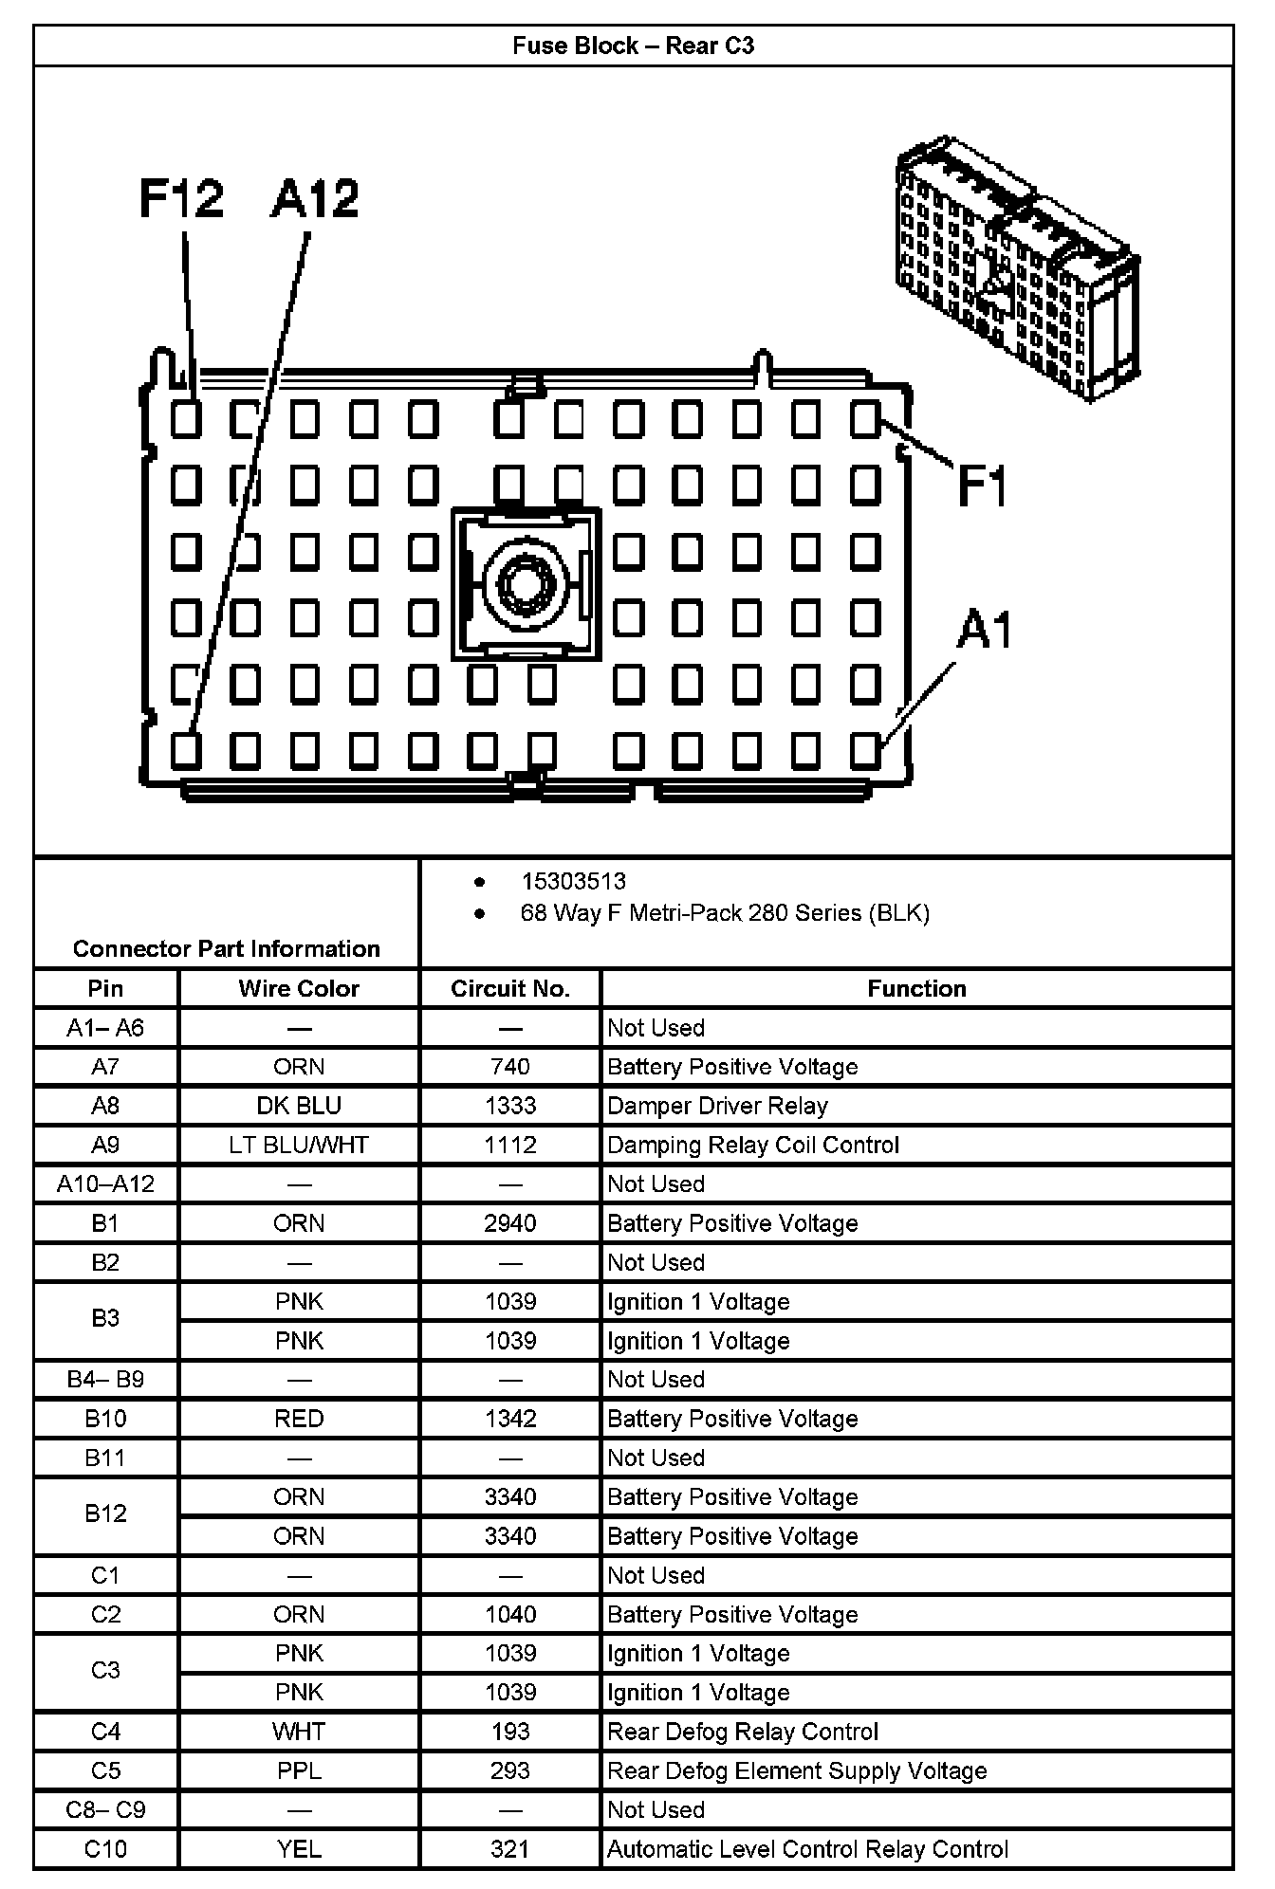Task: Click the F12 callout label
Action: tap(181, 198)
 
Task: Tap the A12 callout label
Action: tap(315, 199)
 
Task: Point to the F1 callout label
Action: tap(982, 485)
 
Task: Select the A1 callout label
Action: tap(984, 630)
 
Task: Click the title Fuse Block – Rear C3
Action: tap(633, 46)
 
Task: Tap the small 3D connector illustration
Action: tap(1018, 268)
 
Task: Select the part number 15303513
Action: tap(573, 881)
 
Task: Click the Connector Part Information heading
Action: tap(226, 948)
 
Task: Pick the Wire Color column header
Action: tap(299, 988)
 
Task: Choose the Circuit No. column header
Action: tap(510, 988)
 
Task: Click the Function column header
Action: tap(916, 988)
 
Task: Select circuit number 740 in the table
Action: tap(510, 1067)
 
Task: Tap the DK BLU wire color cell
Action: tap(299, 1106)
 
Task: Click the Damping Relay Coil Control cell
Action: tap(752, 1145)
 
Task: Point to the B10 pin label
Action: tap(105, 1419)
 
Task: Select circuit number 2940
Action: tap(510, 1223)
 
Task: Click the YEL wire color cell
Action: tap(299, 1849)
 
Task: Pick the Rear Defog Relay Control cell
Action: tap(743, 1732)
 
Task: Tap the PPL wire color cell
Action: tap(299, 1770)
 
